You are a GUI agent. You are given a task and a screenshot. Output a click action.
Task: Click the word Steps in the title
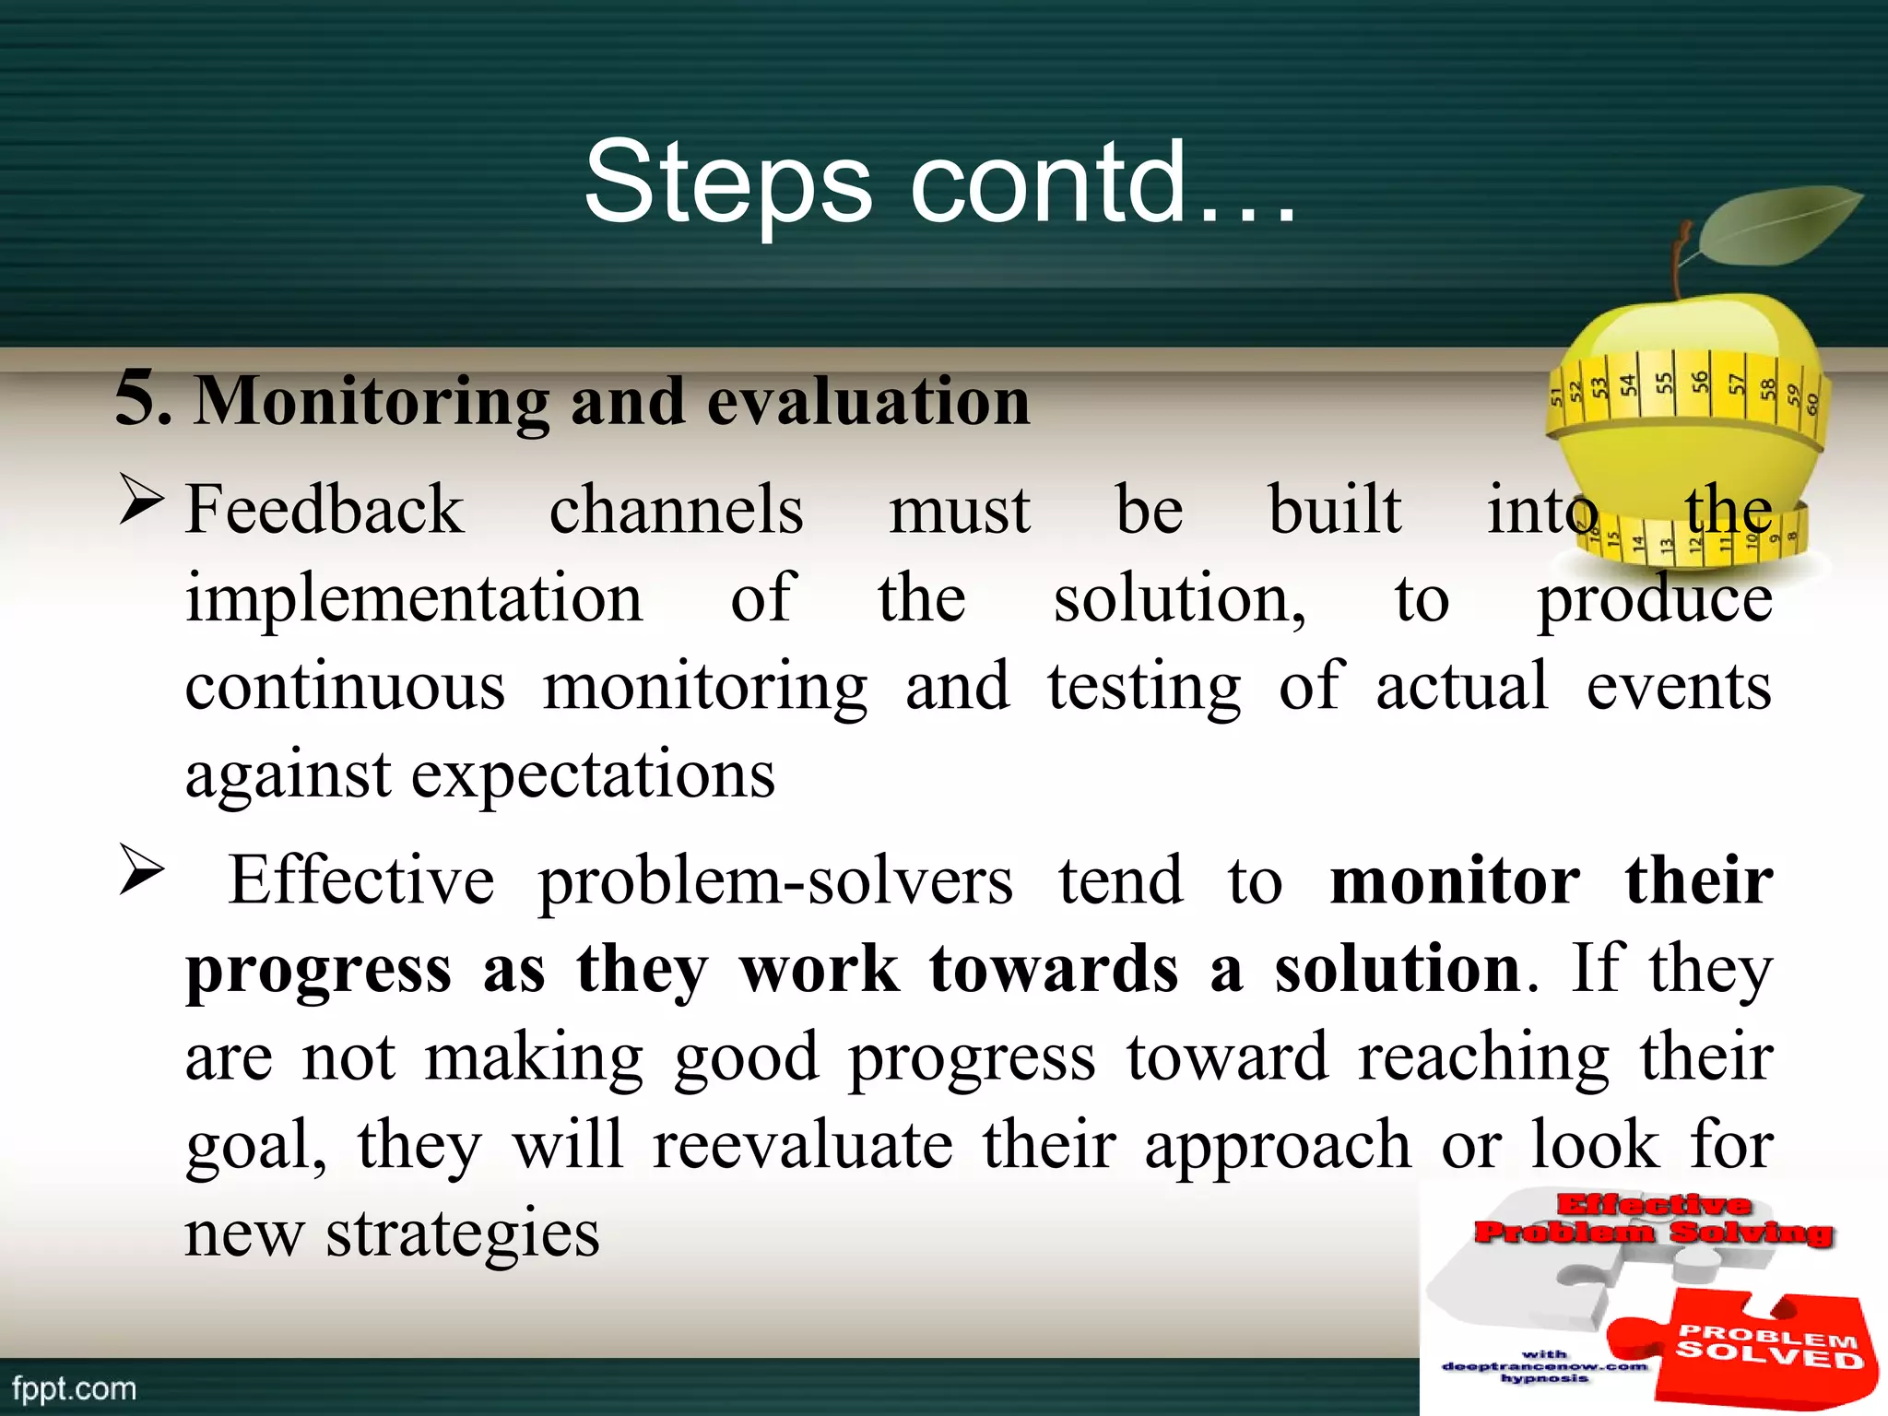727,183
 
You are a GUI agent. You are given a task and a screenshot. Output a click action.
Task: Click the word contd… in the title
1103,183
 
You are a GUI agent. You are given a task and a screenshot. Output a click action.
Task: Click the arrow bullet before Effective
140,873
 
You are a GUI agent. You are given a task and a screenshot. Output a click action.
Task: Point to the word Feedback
324,509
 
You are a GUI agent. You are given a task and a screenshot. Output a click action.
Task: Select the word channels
676,509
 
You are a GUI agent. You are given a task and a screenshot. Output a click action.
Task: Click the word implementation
414,599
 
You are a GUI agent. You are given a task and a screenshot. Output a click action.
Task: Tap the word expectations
592,774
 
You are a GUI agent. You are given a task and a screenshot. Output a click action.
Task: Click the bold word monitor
1455,880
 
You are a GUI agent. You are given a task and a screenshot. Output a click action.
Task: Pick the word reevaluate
802,1145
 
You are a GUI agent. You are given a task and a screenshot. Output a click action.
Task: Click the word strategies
462,1233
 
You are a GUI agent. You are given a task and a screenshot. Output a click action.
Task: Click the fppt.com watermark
74,1388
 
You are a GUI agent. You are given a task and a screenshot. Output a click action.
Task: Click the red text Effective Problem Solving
1652,1219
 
